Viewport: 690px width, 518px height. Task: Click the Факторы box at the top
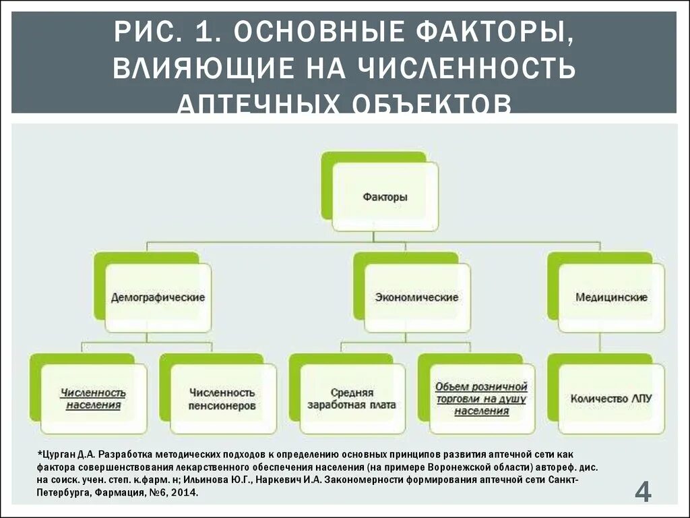pos(385,198)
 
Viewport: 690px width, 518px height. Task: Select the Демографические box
pos(158,297)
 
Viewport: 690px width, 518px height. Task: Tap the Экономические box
pos(417,297)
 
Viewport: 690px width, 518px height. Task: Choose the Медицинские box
pos(611,297)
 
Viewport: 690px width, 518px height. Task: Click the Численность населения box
pos(94,399)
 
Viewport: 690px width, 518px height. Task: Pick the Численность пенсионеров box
pos(222,399)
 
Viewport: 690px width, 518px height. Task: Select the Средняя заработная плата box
pos(352,399)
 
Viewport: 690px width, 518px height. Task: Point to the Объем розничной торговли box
pos(481,399)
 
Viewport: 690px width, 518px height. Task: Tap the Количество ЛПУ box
pos(611,399)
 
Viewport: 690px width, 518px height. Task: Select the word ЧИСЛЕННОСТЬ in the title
pos(465,69)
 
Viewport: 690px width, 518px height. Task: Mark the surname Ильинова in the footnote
pos(226,480)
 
